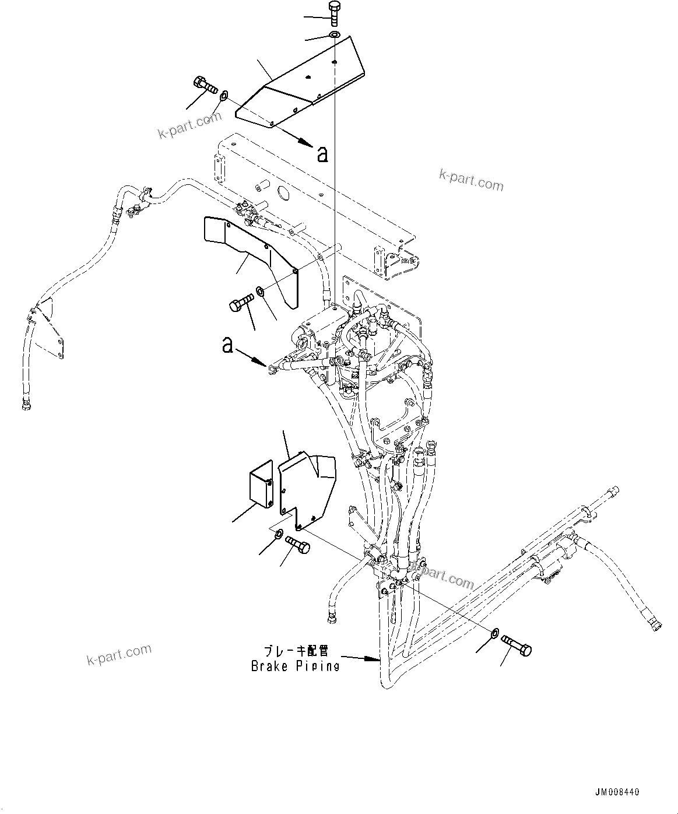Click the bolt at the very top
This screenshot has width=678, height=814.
[334, 12]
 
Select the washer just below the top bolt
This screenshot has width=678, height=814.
[334, 36]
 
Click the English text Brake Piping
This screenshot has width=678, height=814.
[295, 666]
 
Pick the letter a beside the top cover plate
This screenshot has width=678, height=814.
[322, 154]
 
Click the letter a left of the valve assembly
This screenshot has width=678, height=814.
[228, 345]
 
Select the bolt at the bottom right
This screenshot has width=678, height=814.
[517, 645]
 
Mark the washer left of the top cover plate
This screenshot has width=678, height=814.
[223, 93]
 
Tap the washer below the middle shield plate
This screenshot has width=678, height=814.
[261, 290]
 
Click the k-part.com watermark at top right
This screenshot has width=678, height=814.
[470, 180]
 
